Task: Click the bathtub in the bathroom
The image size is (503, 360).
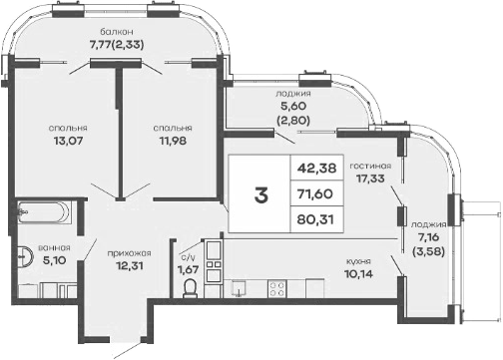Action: (x=44, y=211)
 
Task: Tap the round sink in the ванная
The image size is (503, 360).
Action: (x=24, y=256)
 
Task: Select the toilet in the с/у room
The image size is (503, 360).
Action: (x=191, y=288)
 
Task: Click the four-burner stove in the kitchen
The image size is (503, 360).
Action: (x=277, y=288)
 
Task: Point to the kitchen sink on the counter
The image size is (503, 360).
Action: (x=239, y=288)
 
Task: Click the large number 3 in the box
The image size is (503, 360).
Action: (x=261, y=194)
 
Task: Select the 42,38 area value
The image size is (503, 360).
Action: (x=316, y=168)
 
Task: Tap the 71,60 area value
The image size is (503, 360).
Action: (x=315, y=193)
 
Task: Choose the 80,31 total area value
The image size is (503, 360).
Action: (x=315, y=219)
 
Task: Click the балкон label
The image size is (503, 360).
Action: (x=117, y=32)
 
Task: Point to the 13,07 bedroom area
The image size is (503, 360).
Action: (x=68, y=141)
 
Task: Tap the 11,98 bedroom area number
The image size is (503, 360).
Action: (x=173, y=141)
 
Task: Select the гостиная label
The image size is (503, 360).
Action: (x=370, y=166)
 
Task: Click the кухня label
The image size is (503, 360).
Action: (x=358, y=261)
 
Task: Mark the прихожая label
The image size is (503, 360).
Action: (x=129, y=253)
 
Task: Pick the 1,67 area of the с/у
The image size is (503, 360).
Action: (x=189, y=269)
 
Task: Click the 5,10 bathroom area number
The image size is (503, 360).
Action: (x=55, y=260)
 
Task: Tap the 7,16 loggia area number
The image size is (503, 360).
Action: (x=429, y=237)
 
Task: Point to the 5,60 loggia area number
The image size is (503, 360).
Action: (x=293, y=106)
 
